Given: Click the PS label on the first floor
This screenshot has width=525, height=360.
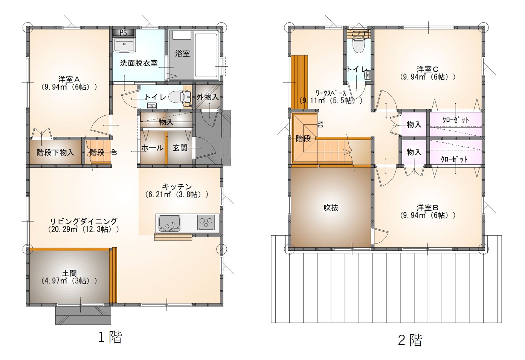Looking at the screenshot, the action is coord(123,32).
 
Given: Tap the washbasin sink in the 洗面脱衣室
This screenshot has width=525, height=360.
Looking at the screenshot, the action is coord(124,44).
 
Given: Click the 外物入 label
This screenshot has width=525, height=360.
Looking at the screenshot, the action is coord(208,97).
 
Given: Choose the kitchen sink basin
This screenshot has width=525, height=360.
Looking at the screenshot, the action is coord(169,222).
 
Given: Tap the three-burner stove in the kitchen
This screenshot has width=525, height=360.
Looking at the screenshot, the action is coord(206,222).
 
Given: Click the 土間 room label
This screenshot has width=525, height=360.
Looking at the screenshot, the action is coord(69,273).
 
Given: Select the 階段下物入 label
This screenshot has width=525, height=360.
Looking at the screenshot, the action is coord(55,152).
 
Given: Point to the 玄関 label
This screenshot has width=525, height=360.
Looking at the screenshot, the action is coord(180,148).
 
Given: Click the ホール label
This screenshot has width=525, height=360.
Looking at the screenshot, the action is coord(153,148).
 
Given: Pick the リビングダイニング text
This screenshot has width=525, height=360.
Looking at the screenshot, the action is coord(84,221).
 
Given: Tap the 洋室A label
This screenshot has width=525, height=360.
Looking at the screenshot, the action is coord(69,79).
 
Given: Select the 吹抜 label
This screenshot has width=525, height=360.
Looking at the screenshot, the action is coord(331,208).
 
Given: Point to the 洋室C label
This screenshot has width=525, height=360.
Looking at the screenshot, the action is coord(427,69).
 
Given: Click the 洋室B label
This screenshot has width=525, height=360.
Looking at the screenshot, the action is coord(427,208).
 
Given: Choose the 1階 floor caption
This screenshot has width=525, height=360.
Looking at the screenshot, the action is coord(110,337).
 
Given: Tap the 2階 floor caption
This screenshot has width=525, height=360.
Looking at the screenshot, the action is coord(410,340).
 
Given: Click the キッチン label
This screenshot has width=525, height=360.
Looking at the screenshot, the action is coord(177,187).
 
